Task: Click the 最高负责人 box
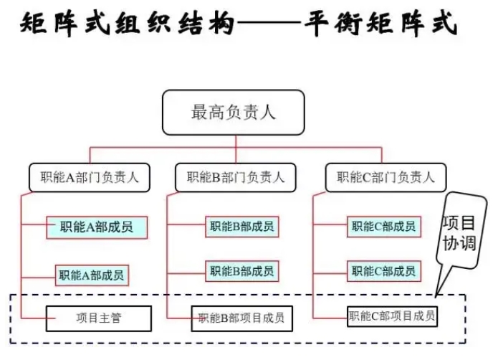tap(234, 112)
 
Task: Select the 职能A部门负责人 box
tap(90, 177)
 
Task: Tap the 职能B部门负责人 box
tap(236, 177)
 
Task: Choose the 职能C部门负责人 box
tap(386, 177)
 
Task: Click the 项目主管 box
tap(99, 318)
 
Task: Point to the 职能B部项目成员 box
tap(242, 318)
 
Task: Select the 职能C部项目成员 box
tap(392, 316)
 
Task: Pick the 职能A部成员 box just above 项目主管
tap(92, 275)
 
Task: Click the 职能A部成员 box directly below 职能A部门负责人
tap(97, 227)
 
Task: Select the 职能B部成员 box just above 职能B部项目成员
tap(242, 271)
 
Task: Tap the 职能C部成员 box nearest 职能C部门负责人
tap(384, 227)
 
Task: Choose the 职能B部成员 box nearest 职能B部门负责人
tap(242, 227)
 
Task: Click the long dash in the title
tap(269, 23)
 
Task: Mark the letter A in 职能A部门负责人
tap(70, 178)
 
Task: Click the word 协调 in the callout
tap(460, 244)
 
